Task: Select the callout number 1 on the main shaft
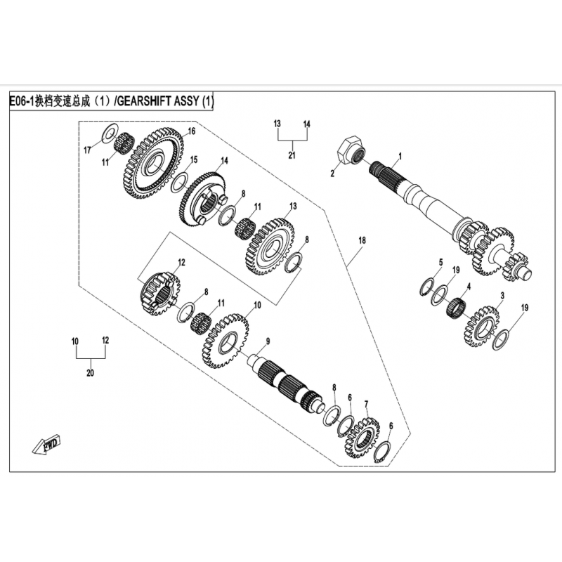400,156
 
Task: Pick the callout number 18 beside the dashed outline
362,240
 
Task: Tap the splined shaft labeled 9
287,385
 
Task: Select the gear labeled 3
482,326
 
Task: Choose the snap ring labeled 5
428,287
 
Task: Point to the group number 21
292,155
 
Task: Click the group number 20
90,373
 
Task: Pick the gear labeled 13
270,245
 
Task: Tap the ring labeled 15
179,183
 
